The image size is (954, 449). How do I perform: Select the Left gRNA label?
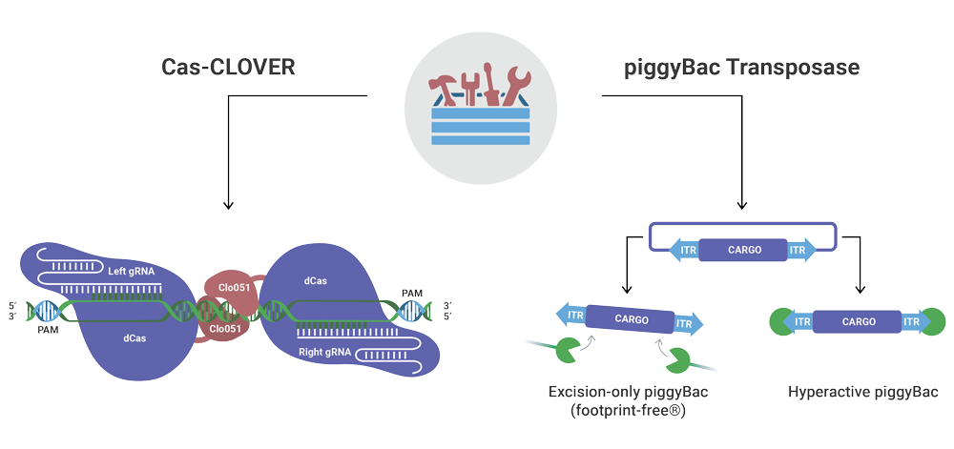point(132,272)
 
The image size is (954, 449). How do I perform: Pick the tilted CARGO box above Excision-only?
point(631,319)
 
